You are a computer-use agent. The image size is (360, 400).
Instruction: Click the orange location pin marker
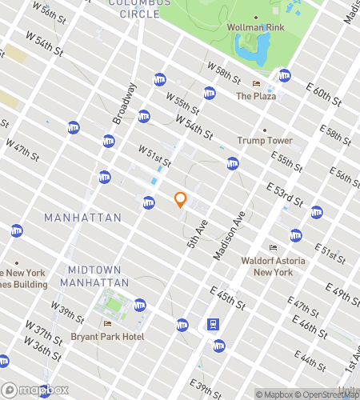point(181,200)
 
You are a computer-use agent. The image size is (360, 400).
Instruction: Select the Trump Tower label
point(264,140)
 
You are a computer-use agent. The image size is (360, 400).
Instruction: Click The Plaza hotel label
point(256,96)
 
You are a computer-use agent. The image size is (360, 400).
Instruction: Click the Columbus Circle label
point(139,8)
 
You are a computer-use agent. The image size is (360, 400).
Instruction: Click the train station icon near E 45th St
point(214,325)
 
